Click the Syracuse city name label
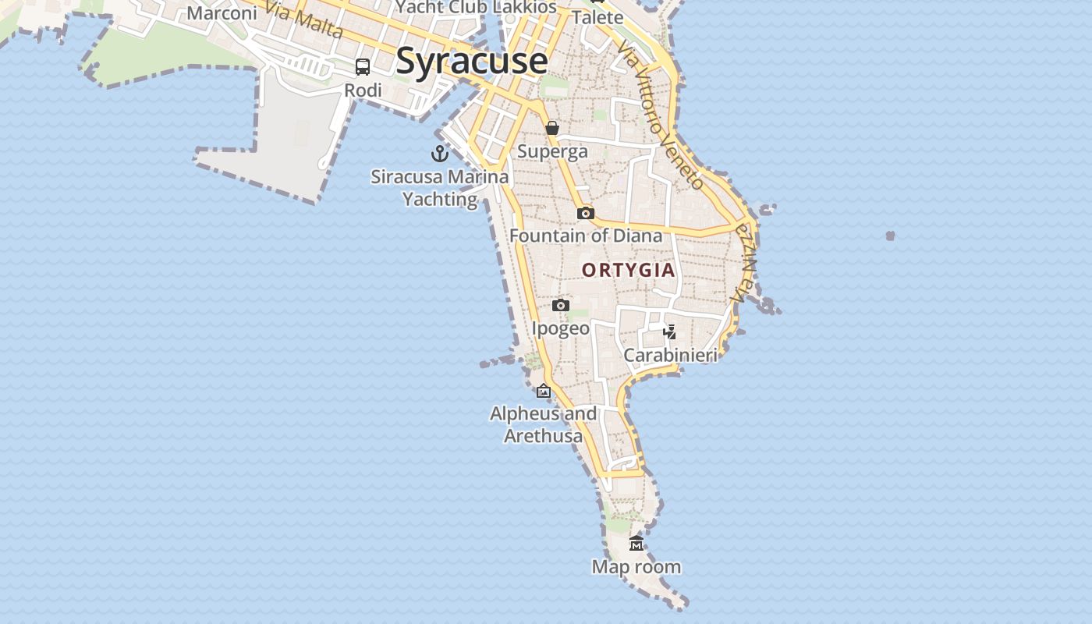point(471,61)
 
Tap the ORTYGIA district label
point(628,270)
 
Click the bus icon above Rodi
point(363,67)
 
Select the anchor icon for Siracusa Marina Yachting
point(440,153)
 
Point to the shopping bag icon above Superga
point(552,128)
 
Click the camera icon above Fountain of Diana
point(585,213)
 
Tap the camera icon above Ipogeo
point(561,305)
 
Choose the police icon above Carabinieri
point(669,332)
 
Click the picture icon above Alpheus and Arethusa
point(544,391)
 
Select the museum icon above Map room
point(636,544)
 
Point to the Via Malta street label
point(303,19)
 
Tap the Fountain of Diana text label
point(585,236)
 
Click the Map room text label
point(636,567)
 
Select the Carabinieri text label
point(670,356)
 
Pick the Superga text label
point(552,151)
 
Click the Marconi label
point(222,13)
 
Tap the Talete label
point(597,17)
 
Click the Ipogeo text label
point(561,328)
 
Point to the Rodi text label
point(363,90)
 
